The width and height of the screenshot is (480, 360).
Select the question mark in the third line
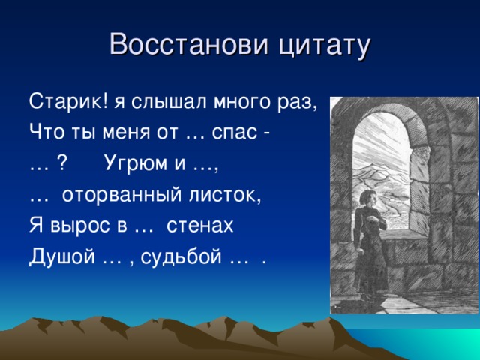(x=61, y=163)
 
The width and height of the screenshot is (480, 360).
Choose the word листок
(x=224, y=195)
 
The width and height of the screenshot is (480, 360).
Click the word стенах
(x=199, y=226)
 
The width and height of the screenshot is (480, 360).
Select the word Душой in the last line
(x=62, y=256)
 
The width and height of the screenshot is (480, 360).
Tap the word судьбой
(x=181, y=256)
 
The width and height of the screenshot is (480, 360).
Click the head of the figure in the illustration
(x=367, y=197)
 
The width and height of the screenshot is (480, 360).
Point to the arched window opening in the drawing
(x=381, y=172)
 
